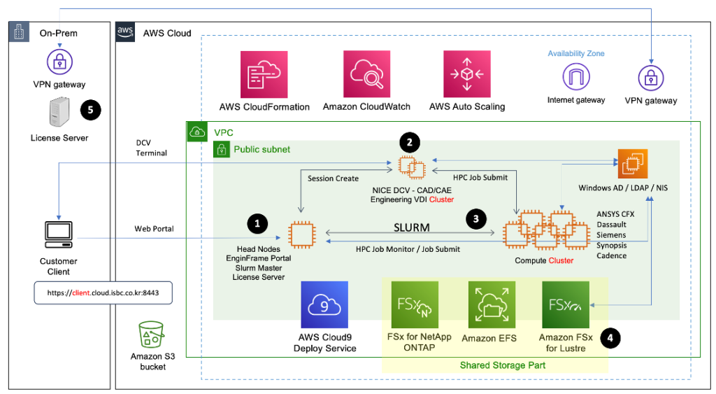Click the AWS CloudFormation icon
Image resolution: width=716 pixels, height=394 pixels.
(264, 74)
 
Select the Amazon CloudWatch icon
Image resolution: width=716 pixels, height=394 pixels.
(366, 74)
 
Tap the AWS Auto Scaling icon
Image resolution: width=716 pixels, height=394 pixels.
(467, 74)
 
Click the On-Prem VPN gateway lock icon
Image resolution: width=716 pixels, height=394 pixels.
(59, 62)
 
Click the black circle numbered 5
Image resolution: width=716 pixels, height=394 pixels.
(91, 109)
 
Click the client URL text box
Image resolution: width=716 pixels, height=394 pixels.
(103, 293)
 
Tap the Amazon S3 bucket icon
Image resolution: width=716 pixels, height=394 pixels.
(148, 337)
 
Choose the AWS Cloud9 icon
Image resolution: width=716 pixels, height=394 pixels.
(324, 305)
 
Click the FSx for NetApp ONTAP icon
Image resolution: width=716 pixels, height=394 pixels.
(415, 305)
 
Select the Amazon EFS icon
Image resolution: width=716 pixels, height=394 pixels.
(492, 305)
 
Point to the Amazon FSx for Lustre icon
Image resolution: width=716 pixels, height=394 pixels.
(566, 305)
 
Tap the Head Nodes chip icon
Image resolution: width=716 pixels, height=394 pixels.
(302, 234)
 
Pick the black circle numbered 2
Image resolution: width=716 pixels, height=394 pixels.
(410, 143)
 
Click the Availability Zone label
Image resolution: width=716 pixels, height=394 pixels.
(576, 54)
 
